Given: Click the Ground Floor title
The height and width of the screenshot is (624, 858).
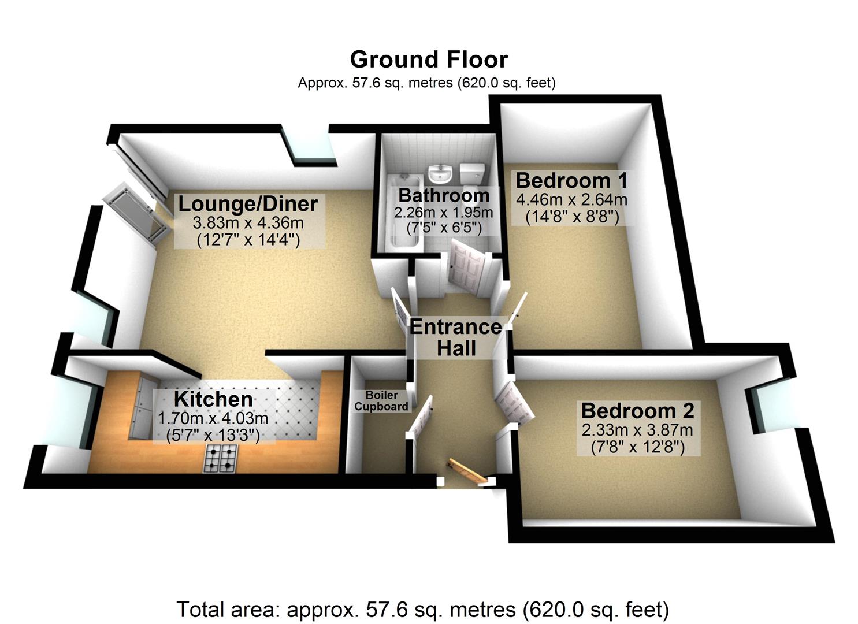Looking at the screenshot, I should click(x=429, y=60).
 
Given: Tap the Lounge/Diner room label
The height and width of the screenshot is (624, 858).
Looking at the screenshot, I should click(x=248, y=204).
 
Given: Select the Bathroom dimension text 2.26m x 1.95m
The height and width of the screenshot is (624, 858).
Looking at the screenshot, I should click(x=443, y=213).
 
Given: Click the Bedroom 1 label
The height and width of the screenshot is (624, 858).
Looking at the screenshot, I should click(x=571, y=181).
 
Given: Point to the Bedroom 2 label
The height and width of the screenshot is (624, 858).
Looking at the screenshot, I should click(x=637, y=411).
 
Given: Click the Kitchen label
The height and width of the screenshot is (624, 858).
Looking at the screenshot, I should click(x=213, y=399).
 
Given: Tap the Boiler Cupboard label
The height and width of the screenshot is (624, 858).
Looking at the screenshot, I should click(x=381, y=400).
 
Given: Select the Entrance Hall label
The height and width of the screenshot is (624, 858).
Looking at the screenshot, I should click(x=456, y=337).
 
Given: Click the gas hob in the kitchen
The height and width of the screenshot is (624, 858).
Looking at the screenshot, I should click(x=220, y=458).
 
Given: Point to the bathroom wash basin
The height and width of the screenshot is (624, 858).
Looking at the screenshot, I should click(x=441, y=172).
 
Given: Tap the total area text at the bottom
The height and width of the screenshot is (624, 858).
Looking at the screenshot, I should click(x=422, y=610).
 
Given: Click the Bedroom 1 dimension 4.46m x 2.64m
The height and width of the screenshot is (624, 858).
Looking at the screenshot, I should click(x=571, y=200).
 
